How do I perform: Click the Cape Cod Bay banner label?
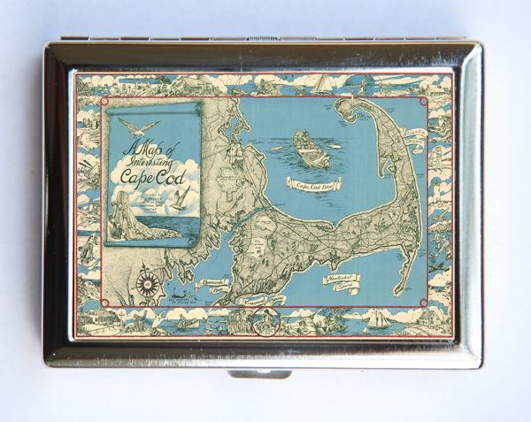pyautogui.click(x=309, y=185)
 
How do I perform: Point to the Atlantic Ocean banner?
pyautogui.click(x=413, y=136)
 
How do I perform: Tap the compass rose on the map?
pyautogui.click(x=147, y=284)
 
